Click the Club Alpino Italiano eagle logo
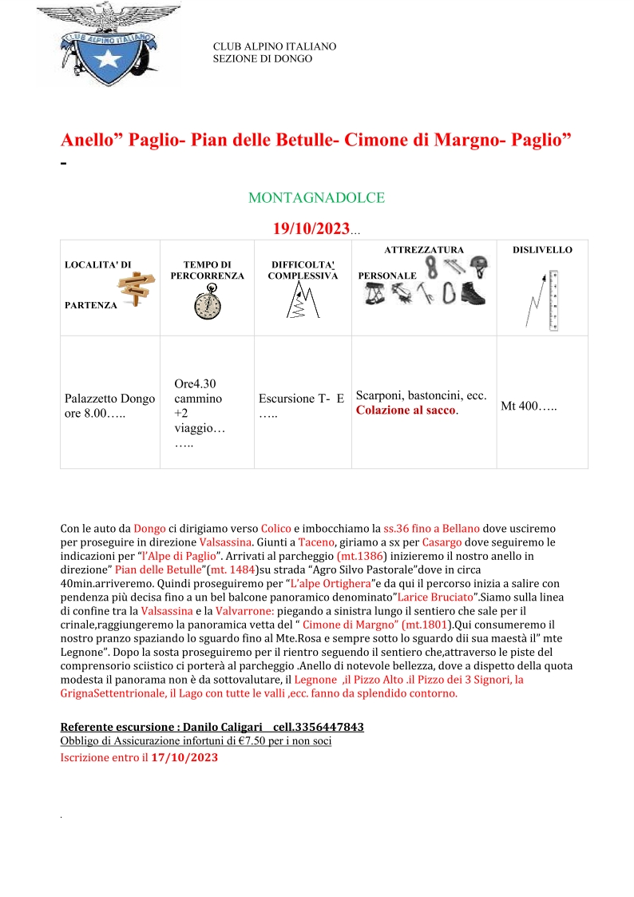coord(109,46)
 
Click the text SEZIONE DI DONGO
coord(263,59)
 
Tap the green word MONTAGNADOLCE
coord(317,197)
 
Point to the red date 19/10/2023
coord(311,229)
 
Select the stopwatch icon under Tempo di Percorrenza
coord(207,304)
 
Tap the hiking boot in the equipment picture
coord(473,294)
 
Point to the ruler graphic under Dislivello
coord(553,300)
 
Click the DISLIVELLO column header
coord(542,250)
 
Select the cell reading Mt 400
coord(529,407)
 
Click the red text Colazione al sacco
coord(407,410)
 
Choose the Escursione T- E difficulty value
coord(301,399)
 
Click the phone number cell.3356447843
coord(319,728)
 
